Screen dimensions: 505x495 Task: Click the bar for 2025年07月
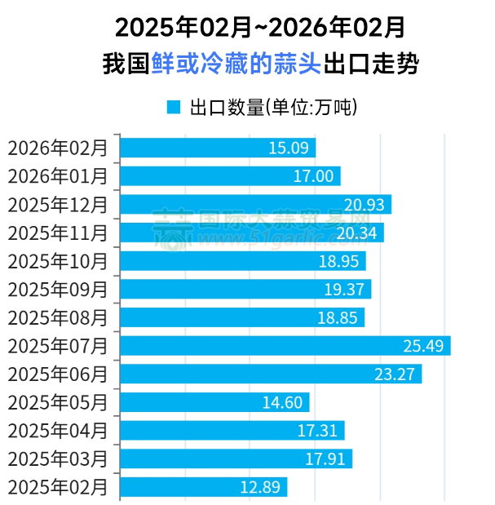coord(285,346)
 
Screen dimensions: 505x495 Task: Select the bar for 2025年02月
coord(203,487)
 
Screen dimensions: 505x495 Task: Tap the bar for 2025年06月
coord(270,374)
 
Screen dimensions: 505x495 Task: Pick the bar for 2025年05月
coord(214,402)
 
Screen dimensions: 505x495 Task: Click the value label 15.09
coord(288,148)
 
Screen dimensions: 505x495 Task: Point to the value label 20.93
coord(364,205)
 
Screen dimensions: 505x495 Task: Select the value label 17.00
coord(313,176)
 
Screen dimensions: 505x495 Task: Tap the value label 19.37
coord(344,290)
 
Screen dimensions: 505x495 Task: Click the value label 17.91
coord(325,459)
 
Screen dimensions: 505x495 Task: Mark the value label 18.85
coord(338,317)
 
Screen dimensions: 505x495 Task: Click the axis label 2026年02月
coord(57,148)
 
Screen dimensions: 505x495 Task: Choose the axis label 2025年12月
coord(57,205)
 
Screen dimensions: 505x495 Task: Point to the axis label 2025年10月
coord(57,261)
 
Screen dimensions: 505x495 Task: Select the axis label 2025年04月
coord(57,431)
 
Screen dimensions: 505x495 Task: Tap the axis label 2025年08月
coord(57,317)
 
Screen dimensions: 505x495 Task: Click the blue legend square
coord(173,107)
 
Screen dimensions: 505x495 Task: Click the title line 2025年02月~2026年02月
coord(260,28)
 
